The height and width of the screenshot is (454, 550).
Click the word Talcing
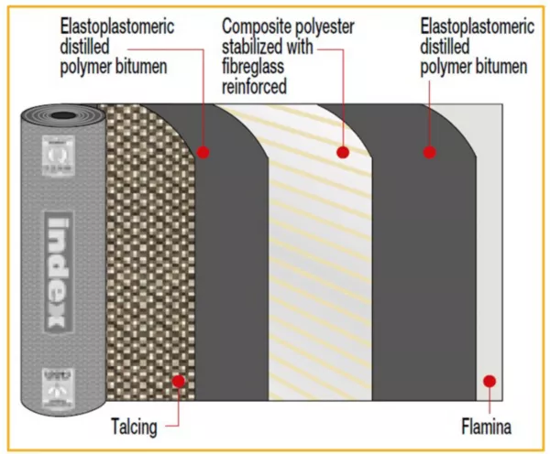(x=135, y=426)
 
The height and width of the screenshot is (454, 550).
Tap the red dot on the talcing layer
(x=179, y=381)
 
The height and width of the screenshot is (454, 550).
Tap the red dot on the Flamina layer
(x=489, y=381)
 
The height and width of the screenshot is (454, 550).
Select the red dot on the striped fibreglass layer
(x=343, y=152)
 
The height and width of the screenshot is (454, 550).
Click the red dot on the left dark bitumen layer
(x=203, y=152)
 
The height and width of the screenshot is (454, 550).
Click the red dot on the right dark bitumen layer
(x=428, y=152)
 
